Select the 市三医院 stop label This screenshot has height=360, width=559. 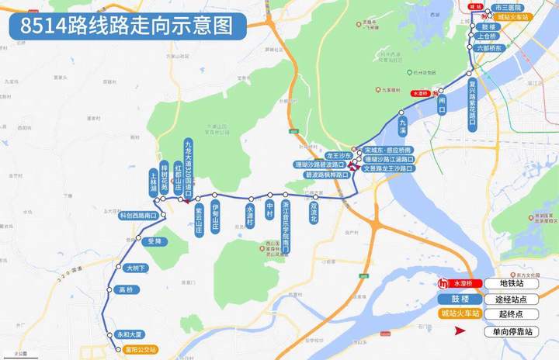point(508,7)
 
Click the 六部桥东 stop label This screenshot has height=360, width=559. point(490,47)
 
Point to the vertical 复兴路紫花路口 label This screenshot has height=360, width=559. point(471,102)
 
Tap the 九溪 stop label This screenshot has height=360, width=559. point(402,124)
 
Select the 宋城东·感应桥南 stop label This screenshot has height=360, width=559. point(388,150)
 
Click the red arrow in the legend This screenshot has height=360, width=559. point(460,331)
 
